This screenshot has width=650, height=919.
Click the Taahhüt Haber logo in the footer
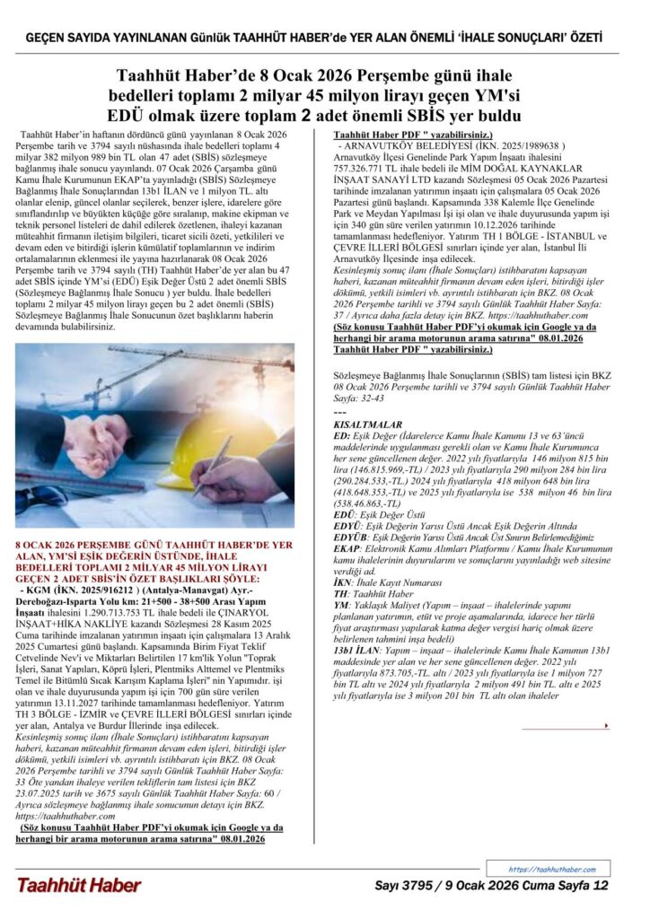click(x=78, y=885)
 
